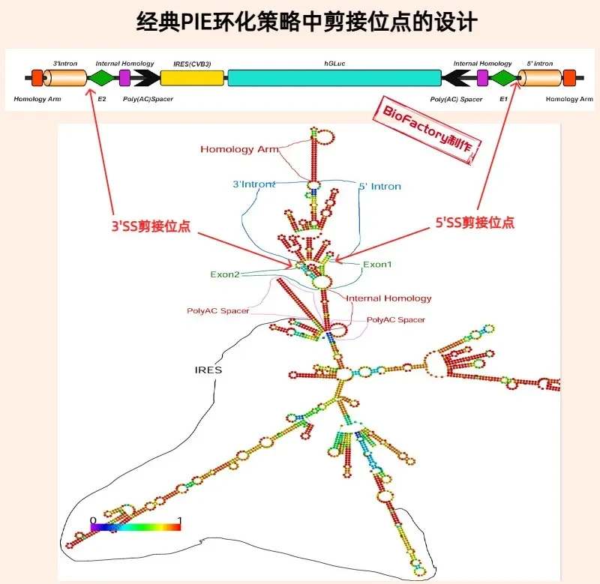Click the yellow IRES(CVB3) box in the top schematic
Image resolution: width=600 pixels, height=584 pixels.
click(x=192, y=78)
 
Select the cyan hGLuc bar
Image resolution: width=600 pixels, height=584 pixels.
click(x=334, y=78)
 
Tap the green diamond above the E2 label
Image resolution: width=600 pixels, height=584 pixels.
click(x=101, y=78)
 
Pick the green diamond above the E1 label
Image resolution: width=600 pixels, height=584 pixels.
click(x=503, y=78)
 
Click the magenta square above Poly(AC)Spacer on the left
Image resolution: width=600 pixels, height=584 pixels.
click(x=124, y=78)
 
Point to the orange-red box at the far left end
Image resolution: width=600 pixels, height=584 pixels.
click(x=37, y=78)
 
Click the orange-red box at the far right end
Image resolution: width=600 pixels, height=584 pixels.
click(x=569, y=78)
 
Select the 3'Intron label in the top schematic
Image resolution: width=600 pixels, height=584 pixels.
click(x=65, y=64)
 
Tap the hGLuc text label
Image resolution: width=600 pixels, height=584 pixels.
click(x=334, y=64)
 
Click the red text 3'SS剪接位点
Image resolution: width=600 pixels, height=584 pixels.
click(x=151, y=226)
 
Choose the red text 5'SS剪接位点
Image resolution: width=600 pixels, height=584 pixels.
click(x=475, y=222)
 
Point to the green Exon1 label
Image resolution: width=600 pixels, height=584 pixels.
click(x=377, y=265)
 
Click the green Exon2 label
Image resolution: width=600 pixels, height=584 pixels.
click(x=225, y=274)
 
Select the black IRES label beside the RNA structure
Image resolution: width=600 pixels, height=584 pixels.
click(x=208, y=370)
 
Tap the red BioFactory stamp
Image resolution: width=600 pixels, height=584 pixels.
click(x=427, y=130)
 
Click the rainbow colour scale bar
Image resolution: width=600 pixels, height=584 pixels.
click(x=136, y=527)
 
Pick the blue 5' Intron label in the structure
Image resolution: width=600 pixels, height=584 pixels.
click(x=380, y=186)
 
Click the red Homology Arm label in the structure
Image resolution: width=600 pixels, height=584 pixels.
click(x=239, y=149)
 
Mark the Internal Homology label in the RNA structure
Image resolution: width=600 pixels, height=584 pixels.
click(x=388, y=298)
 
